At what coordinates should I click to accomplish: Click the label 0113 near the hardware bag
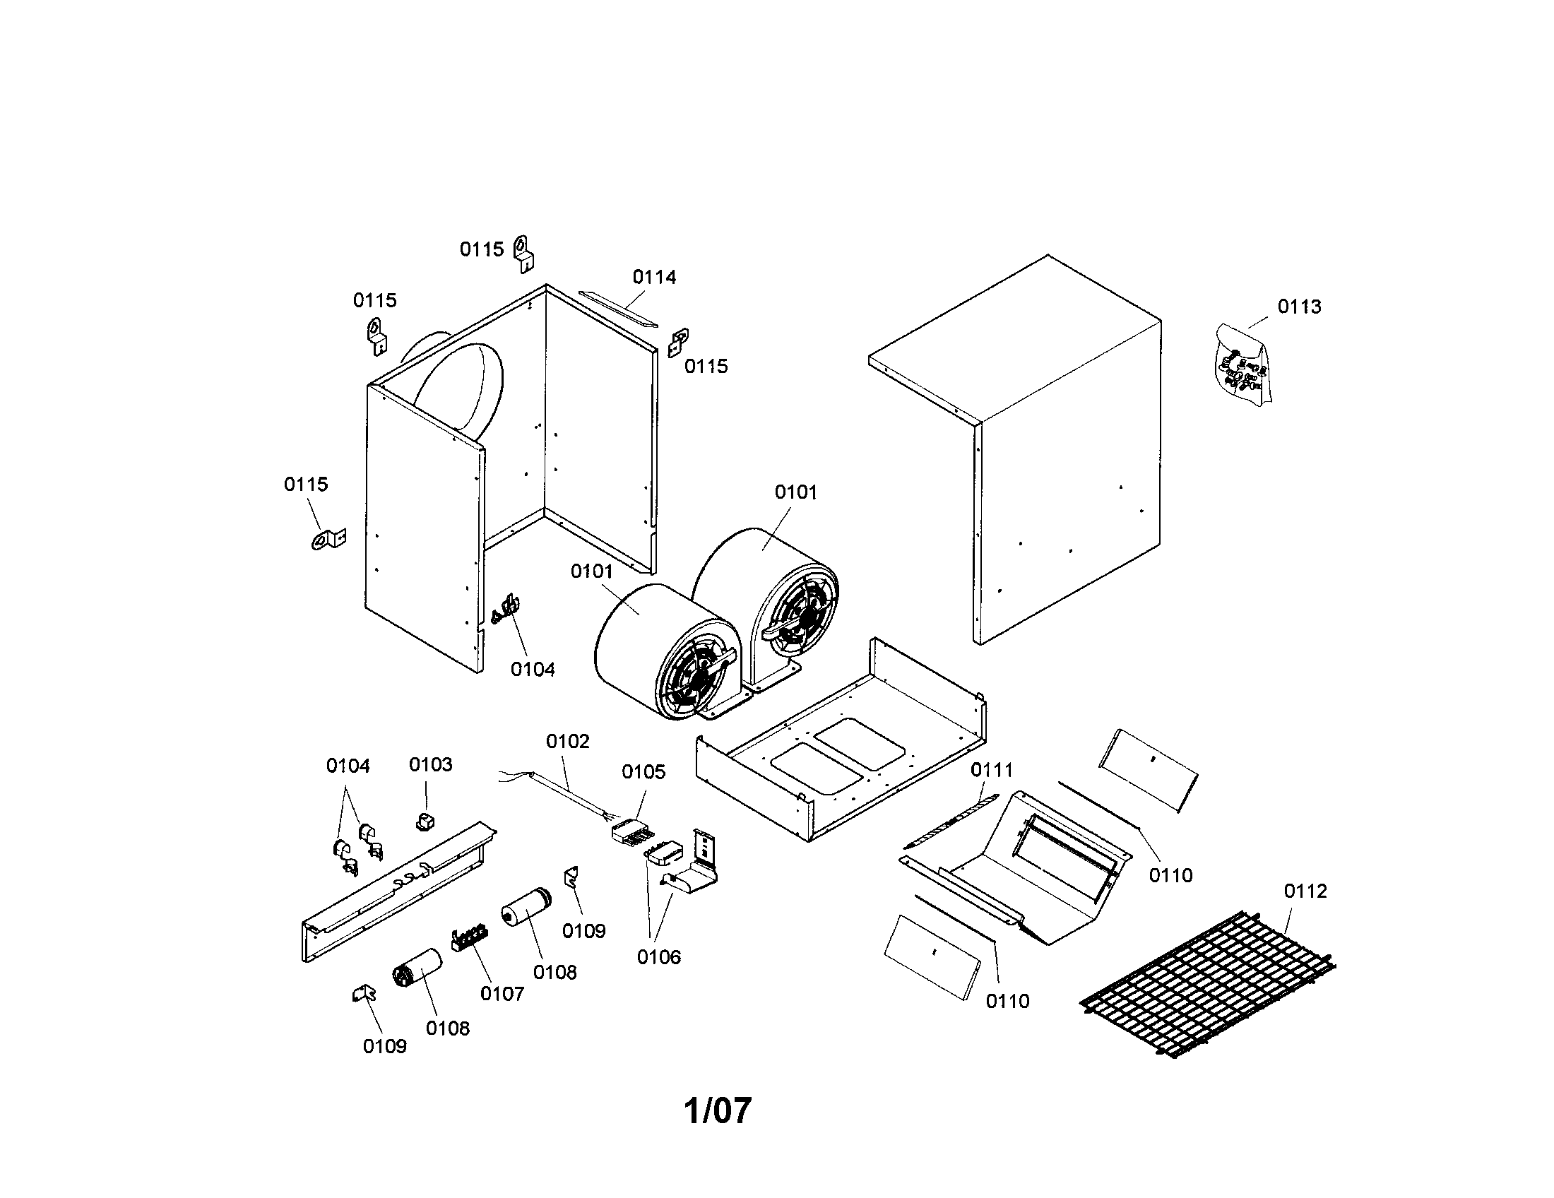click(1299, 307)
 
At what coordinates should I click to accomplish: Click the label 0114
click(654, 278)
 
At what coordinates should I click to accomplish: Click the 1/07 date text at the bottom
click(717, 1110)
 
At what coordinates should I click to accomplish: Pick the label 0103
click(430, 764)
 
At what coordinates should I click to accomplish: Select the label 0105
click(643, 772)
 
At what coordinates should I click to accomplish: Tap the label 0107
click(502, 994)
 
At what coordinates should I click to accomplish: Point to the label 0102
click(568, 741)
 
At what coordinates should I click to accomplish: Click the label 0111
click(991, 770)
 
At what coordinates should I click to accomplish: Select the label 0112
click(1305, 891)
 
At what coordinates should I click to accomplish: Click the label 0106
click(659, 957)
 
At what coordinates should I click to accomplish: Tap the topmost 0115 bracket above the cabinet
click(523, 254)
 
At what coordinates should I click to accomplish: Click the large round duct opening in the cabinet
click(459, 388)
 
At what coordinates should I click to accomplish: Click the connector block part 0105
click(630, 831)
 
